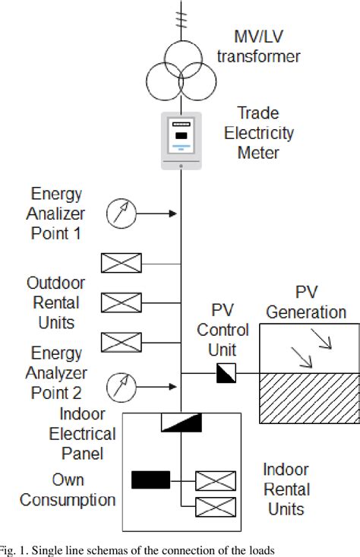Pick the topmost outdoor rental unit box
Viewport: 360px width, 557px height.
tap(122, 264)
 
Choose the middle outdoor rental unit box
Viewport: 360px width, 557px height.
tap(122, 303)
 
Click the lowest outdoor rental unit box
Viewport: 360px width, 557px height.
tap(122, 342)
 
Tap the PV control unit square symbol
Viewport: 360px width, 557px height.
tap(226, 373)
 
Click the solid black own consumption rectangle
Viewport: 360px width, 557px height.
tap(150, 479)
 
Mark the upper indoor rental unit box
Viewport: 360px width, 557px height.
tap(215, 480)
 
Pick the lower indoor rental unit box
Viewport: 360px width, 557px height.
tap(215, 505)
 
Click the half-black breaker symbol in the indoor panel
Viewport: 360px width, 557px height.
tap(181, 422)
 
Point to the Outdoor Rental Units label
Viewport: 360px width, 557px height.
tap(56, 302)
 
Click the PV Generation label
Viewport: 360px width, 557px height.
tap(309, 302)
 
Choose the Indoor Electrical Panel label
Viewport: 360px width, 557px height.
tap(82, 435)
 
